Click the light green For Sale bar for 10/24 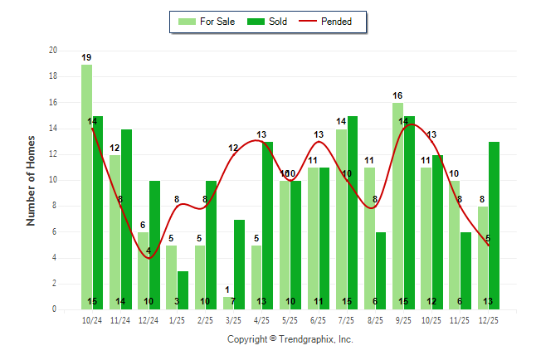point(86,187)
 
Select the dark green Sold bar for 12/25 point(495,224)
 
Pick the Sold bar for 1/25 point(183,289)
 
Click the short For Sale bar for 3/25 point(228,303)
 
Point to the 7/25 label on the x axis point(347,319)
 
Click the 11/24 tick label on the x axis point(120,319)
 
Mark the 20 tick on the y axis point(52,51)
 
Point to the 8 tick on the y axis point(54,206)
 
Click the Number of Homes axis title point(31,180)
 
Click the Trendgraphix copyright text point(290,339)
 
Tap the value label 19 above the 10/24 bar point(86,57)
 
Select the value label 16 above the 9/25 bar point(398,95)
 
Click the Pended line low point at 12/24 point(149,258)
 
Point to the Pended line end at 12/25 point(489,245)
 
